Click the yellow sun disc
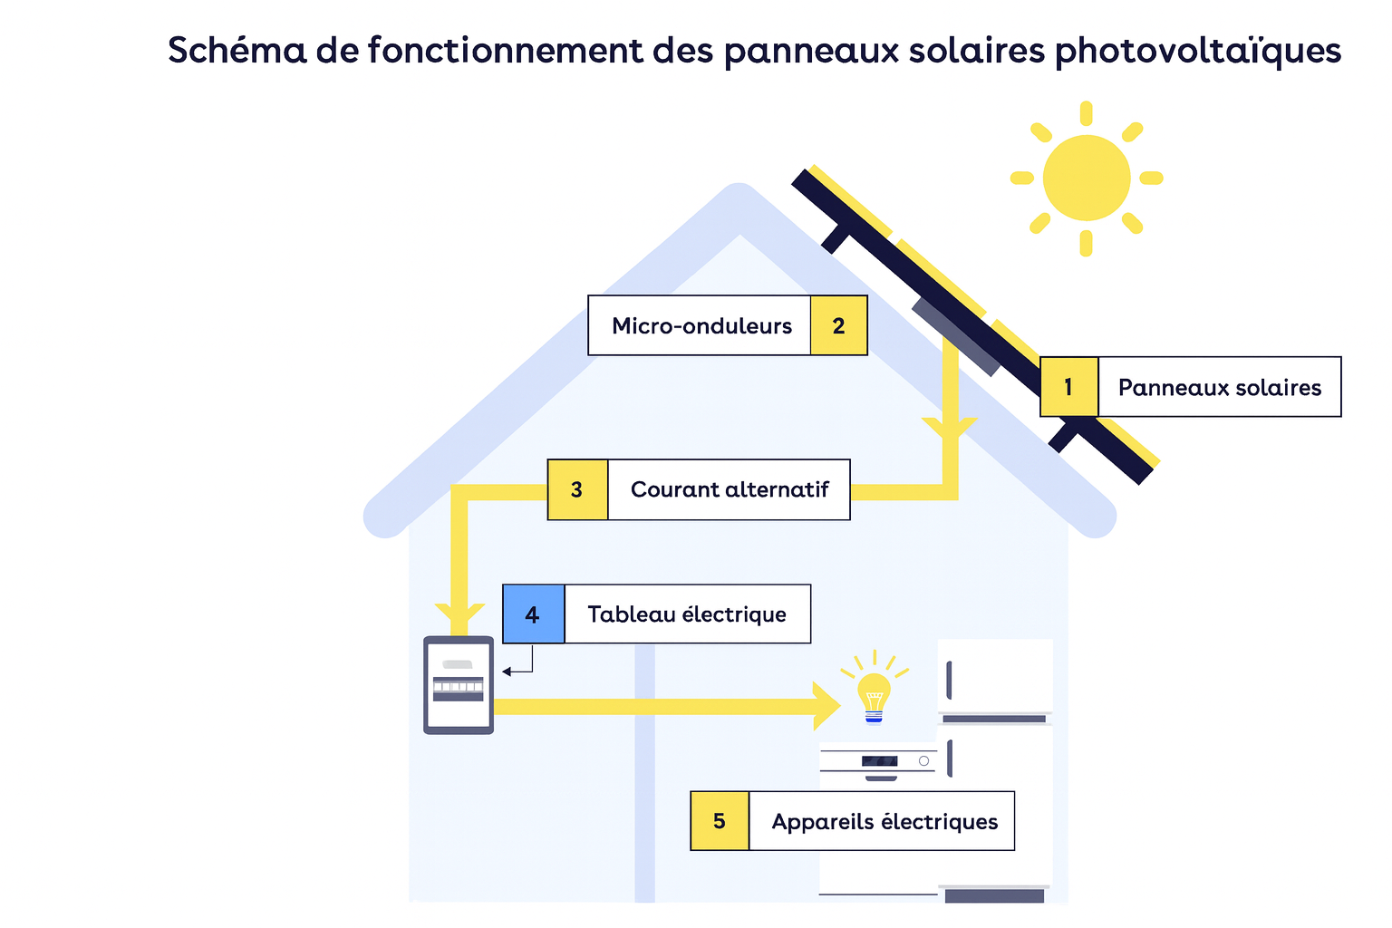tap(1086, 178)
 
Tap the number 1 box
tap(1068, 387)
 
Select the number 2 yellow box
tap(838, 325)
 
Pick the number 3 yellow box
tap(577, 489)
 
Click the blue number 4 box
tap(533, 614)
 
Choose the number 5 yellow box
tap(720, 821)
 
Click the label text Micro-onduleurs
tap(701, 325)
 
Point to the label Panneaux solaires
tap(1219, 387)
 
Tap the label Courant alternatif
tap(730, 489)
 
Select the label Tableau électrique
tap(687, 614)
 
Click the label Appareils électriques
tap(884, 821)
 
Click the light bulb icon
tap(874, 696)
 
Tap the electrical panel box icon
tap(459, 685)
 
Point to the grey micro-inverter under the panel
tap(956, 335)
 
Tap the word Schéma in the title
tap(237, 51)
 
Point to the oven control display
tap(879, 761)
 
